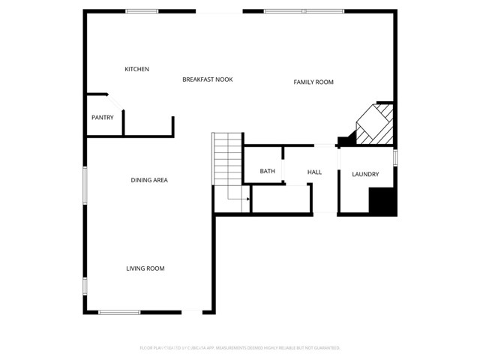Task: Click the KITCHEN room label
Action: (x=136, y=69)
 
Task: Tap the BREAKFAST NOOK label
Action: (x=207, y=79)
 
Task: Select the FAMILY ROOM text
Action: (x=313, y=82)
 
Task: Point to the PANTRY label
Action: (x=102, y=117)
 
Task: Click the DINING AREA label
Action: (x=148, y=180)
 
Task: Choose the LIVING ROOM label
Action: (x=145, y=268)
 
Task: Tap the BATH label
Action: (x=267, y=171)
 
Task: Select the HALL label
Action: (x=314, y=172)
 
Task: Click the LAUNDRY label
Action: (x=365, y=174)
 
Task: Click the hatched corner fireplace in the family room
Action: (x=374, y=124)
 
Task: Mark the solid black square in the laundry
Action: (x=382, y=201)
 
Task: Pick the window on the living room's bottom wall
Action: (x=119, y=312)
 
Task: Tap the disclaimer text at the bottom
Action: (x=240, y=348)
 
